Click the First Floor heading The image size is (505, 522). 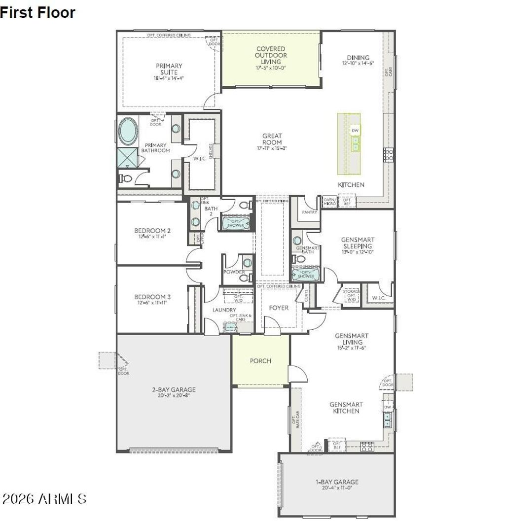tap(38, 12)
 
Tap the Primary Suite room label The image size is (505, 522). tap(169, 69)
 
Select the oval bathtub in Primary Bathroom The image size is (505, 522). tap(128, 131)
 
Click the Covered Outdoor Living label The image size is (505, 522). tap(270, 55)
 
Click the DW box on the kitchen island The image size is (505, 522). tap(355, 130)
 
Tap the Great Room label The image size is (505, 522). tap(272, 139)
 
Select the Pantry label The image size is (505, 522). tap(309, 212)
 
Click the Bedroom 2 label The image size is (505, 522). tap(152, 231)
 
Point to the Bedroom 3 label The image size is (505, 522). tap(152, 297)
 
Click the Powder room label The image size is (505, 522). tap(234, 272)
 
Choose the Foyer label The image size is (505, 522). tap(279, 308)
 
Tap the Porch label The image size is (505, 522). tap(260, 361)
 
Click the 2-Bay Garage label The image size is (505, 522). tap(174, 389)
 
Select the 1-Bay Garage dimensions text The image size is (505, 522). tap(337, 488)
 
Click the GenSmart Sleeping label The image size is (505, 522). tap(357, 243)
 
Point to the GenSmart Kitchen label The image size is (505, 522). tap(345, 408)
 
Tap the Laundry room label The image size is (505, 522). tap(224, 310)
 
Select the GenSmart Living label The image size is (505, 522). tap(352, 339)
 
